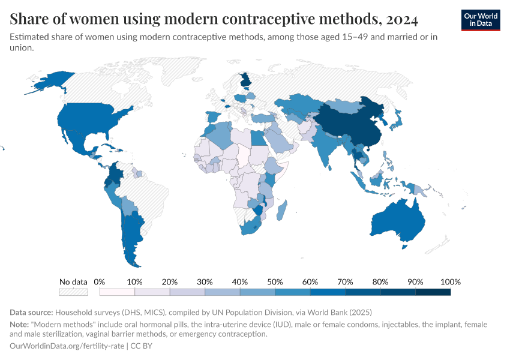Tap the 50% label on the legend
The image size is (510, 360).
click(275, 281)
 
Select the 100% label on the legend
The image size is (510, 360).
click(450, 281)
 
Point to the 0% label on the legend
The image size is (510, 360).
click(100, 281)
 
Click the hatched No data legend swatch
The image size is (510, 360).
click(73, 292)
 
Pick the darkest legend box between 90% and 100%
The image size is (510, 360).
click(433, 292)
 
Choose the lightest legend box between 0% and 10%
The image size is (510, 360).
click(117, 292)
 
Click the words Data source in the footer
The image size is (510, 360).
click(31, 312)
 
